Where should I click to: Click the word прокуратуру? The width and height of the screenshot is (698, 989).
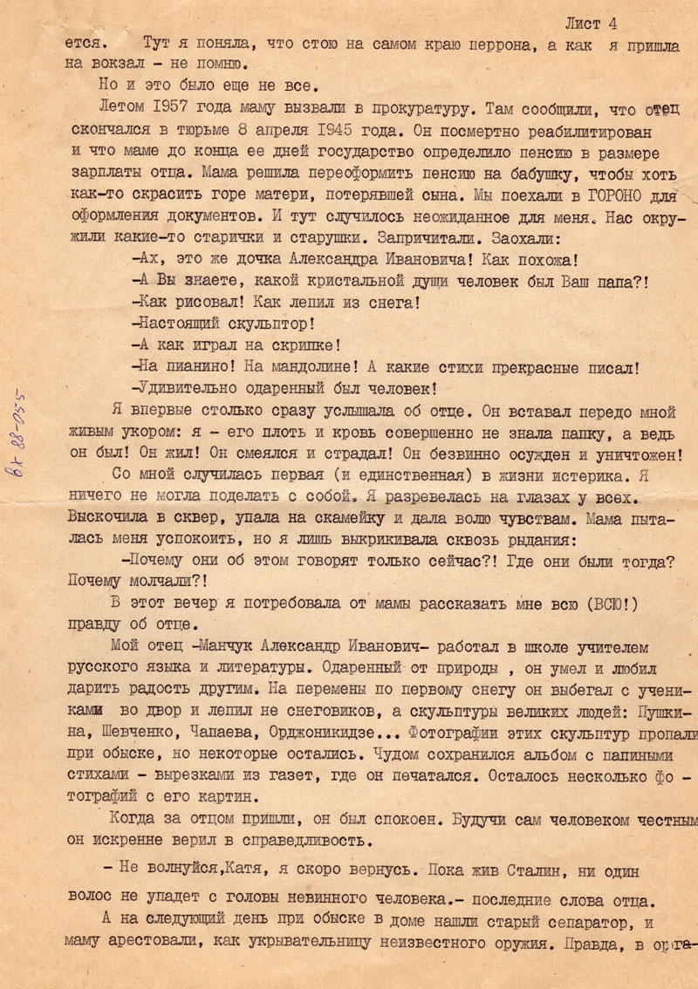tap(423, 107)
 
